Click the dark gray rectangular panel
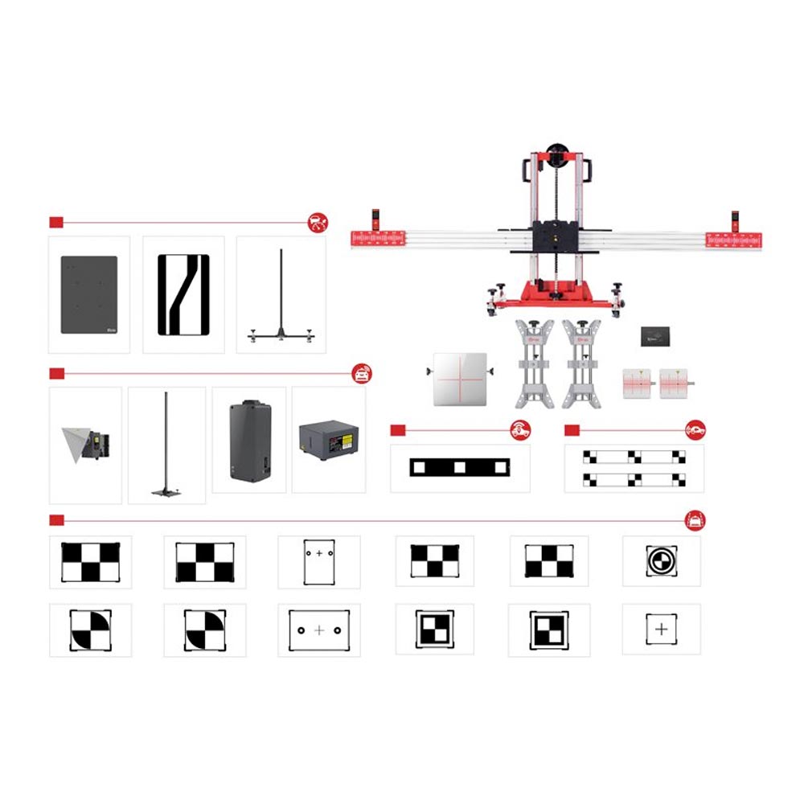[x=89, y=294]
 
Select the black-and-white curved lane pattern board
[x=183, y=294]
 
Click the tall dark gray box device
[x=250, y=441]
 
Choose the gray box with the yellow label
[x=328, y=441]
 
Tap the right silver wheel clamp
[x=581, y=363]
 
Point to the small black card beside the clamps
[x=655, y=336]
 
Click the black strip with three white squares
[x=460, y=467]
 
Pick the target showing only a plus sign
[x=661, y=629]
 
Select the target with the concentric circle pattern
[x=661, y=560]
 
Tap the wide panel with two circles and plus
[x=319, y=630]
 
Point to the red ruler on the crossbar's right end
[x=733, y=239]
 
